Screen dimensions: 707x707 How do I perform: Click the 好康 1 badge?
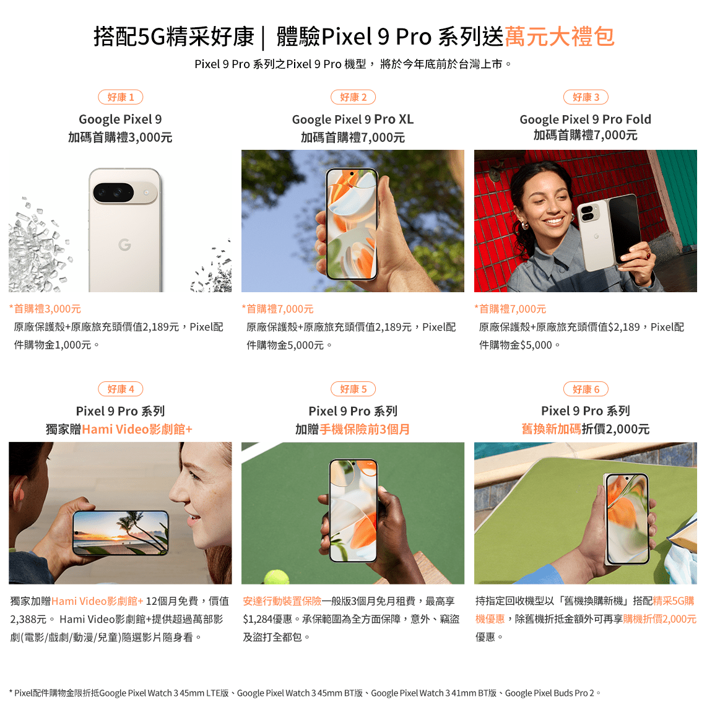(121, 97)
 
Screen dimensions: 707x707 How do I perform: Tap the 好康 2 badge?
(353, 97)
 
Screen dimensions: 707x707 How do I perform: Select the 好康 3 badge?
(586, 97)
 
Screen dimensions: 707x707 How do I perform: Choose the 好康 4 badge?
(121, 389)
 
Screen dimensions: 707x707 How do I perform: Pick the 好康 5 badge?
(353, 389)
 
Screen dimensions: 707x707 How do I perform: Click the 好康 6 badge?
(586, 389)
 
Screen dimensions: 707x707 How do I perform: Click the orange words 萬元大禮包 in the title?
(559, 37)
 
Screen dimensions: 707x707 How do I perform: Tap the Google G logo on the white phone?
(124, 245)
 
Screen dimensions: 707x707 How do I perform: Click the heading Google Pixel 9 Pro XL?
(353, 119)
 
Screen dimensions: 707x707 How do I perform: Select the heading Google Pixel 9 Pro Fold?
(586, 119)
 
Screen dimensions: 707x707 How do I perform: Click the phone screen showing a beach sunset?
(121, 532)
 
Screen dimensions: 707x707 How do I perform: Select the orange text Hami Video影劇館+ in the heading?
(137, 429)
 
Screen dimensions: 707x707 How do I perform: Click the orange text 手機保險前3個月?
(365, 429)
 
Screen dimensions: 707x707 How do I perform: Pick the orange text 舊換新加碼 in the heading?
(551, 429)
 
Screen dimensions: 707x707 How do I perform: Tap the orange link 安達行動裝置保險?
(282, 601)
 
